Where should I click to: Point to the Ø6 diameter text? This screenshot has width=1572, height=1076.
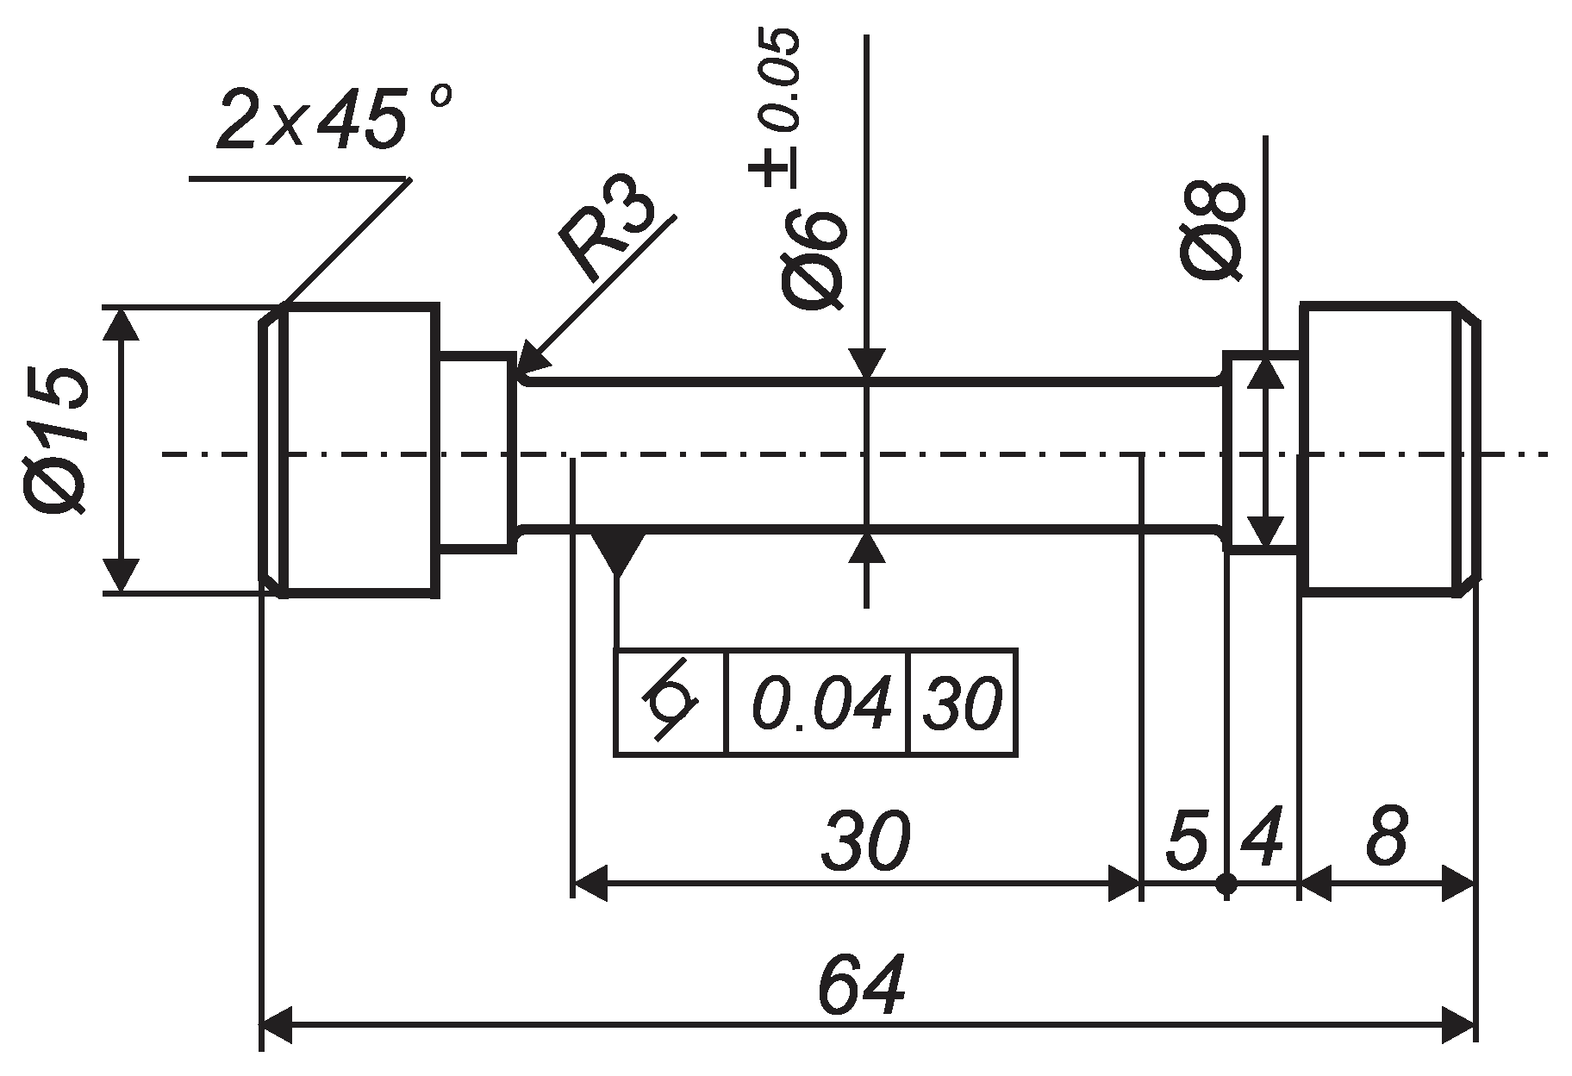(x=814, y=259)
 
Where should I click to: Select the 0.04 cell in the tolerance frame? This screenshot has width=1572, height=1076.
(x=819, y=703)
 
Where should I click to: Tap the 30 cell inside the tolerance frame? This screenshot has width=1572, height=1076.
(x=963, y=703)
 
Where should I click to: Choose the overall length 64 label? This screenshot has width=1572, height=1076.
(x=862, y=984)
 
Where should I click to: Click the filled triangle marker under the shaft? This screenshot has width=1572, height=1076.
(x=618, y=552)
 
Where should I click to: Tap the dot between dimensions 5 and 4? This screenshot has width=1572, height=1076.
(x=1227, y=884)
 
